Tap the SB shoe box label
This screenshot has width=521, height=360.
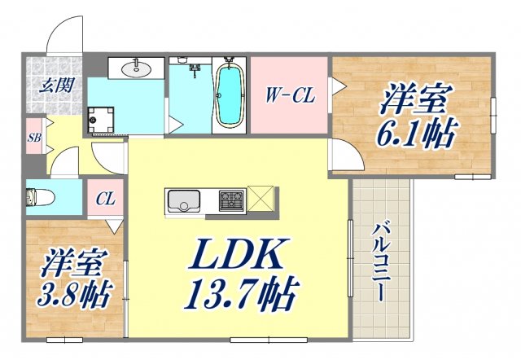point(34,138)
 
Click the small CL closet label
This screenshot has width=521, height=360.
point(104,198)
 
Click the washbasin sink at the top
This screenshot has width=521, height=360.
point(137,69)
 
